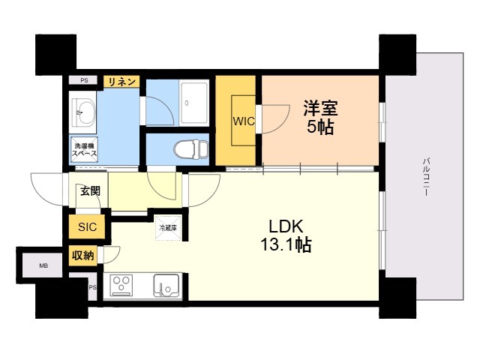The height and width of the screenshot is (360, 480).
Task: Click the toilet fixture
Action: tap(191, 150)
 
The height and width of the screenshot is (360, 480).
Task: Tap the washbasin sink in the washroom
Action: tap(84, 112)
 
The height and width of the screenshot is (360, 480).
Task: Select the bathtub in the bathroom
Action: tap(194, 103)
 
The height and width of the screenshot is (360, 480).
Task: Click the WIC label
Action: tap(244, 121)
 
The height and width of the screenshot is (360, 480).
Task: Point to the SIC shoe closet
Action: tap(87, 226)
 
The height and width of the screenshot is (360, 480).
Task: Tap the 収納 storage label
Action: tap(82, 255)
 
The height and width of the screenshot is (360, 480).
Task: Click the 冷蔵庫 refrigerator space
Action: tap(168, 228)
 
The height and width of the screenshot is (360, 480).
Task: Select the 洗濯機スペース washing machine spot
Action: tap(83, 150)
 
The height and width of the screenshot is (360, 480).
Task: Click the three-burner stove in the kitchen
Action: tap(122, 285)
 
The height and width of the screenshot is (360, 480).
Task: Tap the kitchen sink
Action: tap(166, 286)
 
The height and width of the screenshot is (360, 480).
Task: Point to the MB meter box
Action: tap(43, 265)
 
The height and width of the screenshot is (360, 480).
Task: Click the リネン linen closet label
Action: tap(121, 82)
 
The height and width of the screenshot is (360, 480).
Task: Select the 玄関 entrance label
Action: tap(90, 191)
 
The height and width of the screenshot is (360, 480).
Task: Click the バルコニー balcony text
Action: tap(425, 177)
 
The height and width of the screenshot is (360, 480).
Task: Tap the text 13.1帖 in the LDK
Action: tap(286, 245)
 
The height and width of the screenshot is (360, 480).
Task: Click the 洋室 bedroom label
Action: tap(320, 108)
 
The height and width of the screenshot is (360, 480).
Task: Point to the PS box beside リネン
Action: tap(84, 80)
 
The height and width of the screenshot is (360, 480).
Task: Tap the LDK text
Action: tap(286, 226)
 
